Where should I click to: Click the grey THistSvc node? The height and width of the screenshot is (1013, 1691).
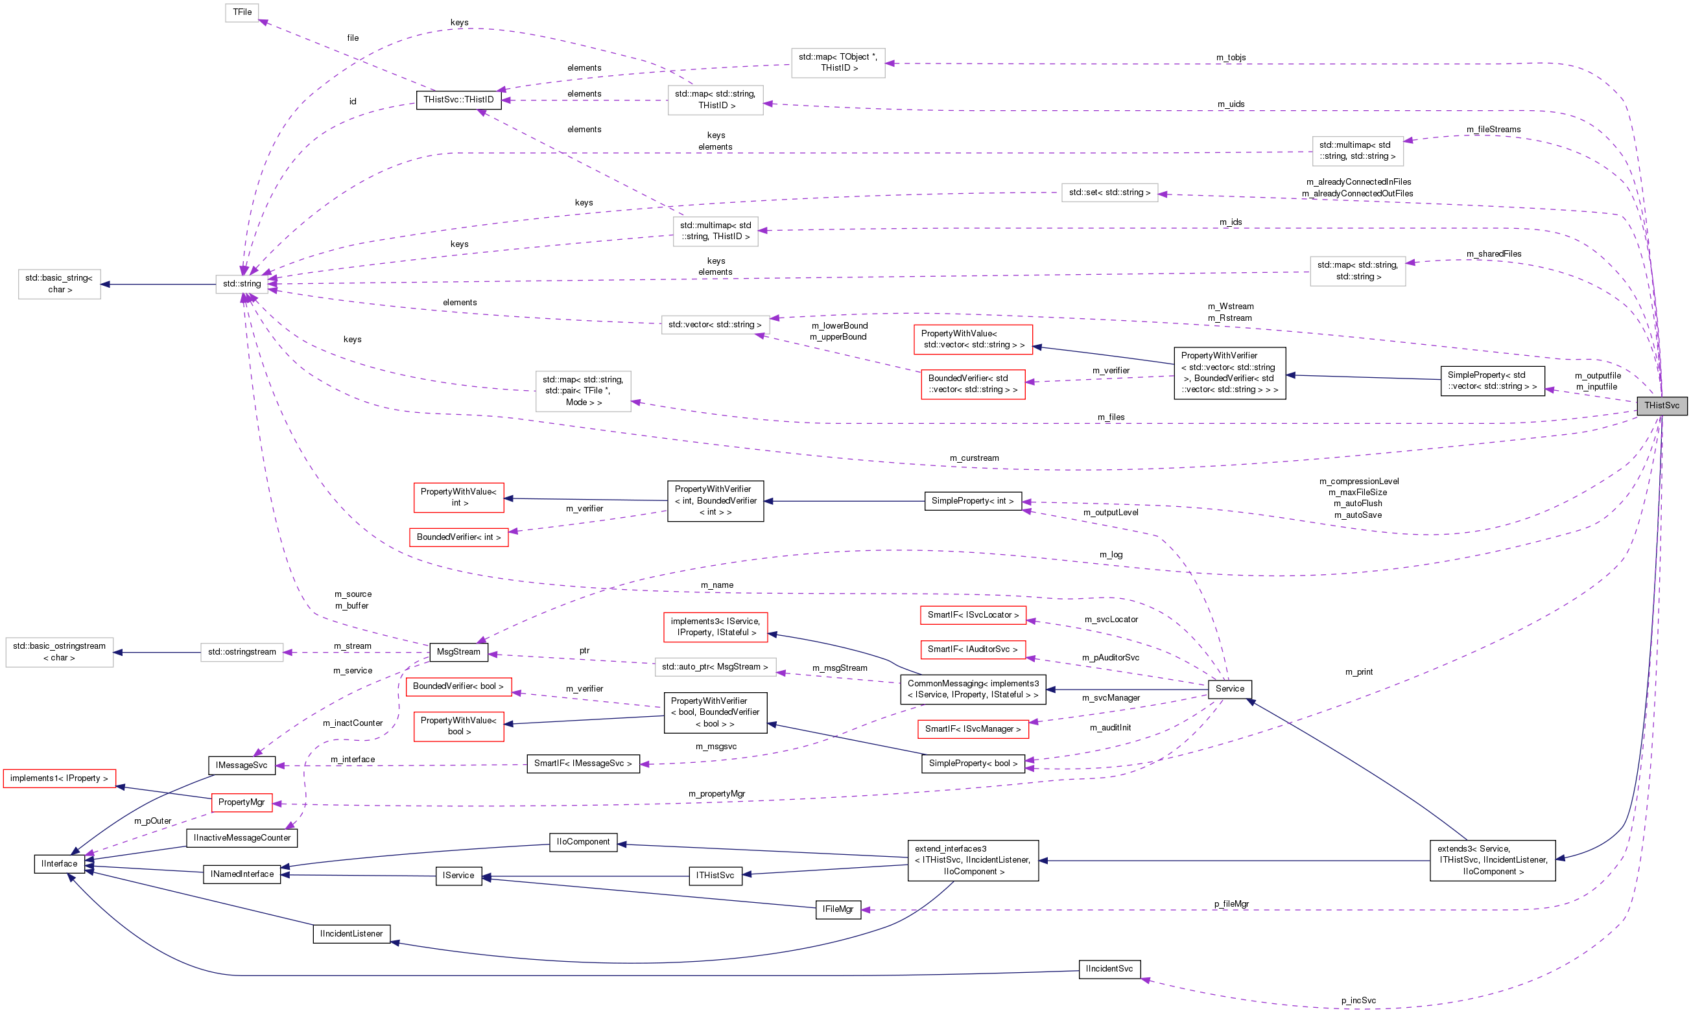coord(1661,406)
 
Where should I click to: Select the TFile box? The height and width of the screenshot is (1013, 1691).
coord(242,12)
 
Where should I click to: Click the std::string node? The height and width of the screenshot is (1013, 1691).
coord(242,284)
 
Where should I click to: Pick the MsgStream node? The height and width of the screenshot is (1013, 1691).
coord(458,652)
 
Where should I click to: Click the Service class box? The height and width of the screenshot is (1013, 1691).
coord(1229,689)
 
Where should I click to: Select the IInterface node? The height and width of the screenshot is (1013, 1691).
coord(60,864)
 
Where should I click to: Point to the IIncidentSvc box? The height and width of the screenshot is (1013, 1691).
coord(1109,970)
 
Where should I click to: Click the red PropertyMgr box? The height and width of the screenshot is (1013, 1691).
coord(242,802)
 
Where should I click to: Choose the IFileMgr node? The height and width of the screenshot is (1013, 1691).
coord(838,909)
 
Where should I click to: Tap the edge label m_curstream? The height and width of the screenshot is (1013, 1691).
coord(973,458)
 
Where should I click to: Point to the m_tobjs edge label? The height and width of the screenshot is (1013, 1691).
coord(1230,57)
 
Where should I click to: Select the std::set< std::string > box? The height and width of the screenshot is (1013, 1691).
coord(1109,192)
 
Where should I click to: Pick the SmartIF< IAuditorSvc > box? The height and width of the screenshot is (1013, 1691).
coord(972,649)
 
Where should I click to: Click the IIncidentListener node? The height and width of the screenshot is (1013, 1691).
coord(351,934)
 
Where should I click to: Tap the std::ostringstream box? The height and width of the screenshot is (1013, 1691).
coord(242,652)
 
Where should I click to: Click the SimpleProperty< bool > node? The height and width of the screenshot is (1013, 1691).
coord(972,764)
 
